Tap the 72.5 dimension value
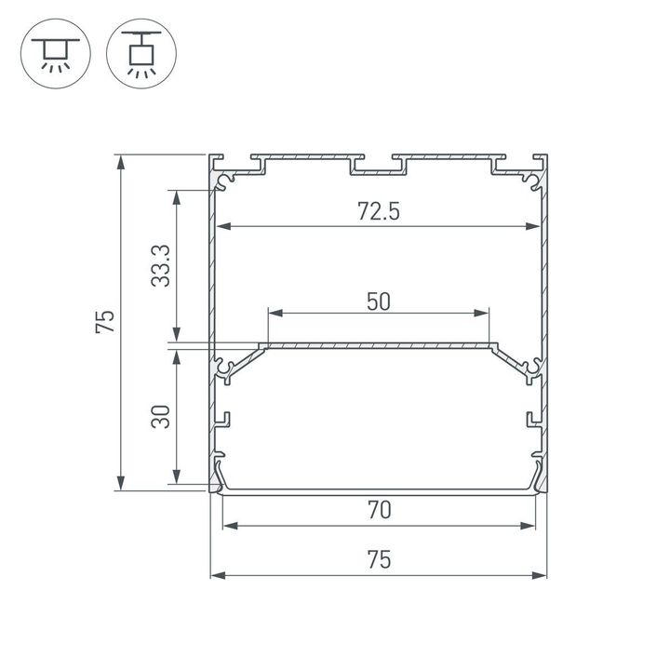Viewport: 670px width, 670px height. click(x=378, y=211)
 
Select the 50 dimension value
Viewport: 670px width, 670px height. click(x=378, y=301)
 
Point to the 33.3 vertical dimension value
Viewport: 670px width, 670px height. click(x=160, y=265)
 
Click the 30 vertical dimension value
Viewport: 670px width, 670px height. click(x=160, y=416)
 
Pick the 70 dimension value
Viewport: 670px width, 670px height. click(x=378, y=510)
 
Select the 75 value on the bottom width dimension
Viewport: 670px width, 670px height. click(x=378, y=560)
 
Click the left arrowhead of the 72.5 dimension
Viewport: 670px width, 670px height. click(x=224, y=226)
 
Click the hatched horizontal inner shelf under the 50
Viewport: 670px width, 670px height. click(x=378, y=346)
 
